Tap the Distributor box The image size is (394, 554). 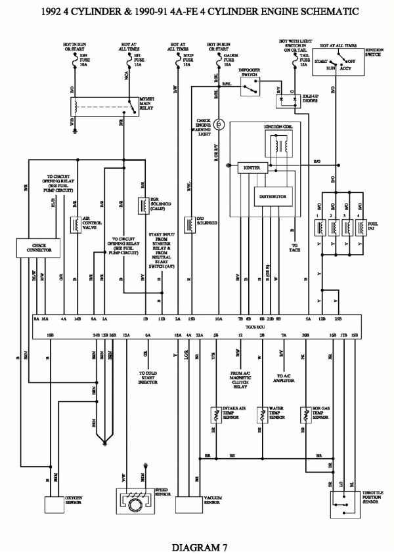[272, 196]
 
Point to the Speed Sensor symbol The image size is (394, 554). [133, 503]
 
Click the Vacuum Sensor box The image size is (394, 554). [191, 503]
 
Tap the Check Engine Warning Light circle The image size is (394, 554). [221, 123]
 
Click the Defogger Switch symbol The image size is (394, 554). [248, 90]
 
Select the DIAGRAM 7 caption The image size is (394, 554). [196, 545]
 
